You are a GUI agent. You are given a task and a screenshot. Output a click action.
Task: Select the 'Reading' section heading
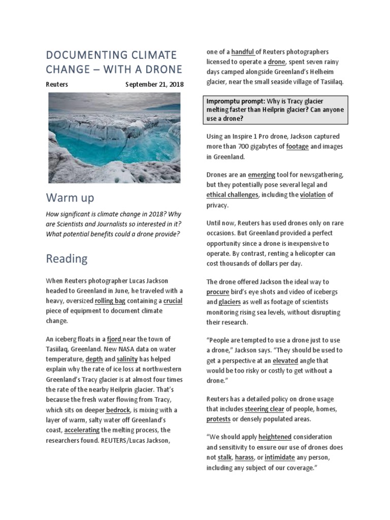tap(67, 258)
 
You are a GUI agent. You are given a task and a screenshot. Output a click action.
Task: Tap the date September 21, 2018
tap(154, 84)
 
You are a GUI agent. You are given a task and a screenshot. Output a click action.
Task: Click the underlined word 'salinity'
tap(127, 359)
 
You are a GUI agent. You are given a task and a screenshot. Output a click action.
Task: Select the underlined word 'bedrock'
tap(117, 410)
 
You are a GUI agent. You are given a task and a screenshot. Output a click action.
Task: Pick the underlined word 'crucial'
tap(173, 301)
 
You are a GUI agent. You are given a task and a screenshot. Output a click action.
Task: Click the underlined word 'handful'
tap(243, 52)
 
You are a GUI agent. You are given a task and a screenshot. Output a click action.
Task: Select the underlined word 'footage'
tap(297, 146)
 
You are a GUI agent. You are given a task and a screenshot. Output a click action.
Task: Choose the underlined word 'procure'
tap(217, 292)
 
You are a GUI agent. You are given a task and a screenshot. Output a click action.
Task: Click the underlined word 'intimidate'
tap(280, 458)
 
